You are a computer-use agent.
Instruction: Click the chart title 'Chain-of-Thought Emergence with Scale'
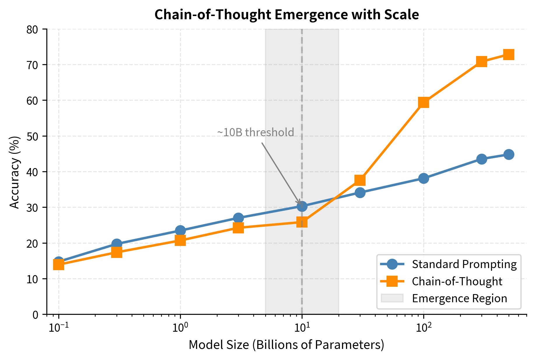pos(286,15)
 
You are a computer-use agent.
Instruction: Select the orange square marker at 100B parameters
pos(424,102)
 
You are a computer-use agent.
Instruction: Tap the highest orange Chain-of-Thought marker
pos(508,55)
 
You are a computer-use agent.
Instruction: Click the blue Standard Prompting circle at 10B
pos(302,206)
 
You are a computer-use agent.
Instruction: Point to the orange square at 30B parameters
pos(360,180)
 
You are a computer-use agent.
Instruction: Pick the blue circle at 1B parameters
pos(180,230)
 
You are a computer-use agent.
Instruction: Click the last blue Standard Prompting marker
pos(508,154)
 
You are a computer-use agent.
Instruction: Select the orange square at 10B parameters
pos(302,222)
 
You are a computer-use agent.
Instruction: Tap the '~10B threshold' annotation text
pos(256,132)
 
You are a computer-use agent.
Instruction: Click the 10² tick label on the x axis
pos(424,328)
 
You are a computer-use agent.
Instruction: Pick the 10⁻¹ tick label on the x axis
pos(59,328)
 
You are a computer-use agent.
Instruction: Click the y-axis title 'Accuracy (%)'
pos(15,172)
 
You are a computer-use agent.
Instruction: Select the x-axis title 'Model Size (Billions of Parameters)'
pos(286,345)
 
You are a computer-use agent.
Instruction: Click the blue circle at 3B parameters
pos(238,218)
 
